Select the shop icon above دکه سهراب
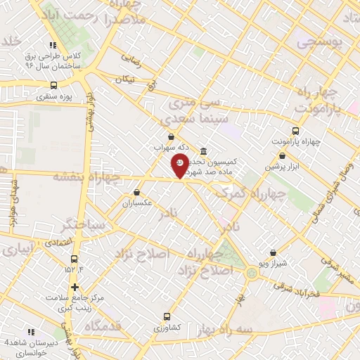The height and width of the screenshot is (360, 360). click(x=172, y=136)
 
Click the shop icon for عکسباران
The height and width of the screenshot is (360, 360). click(x=136, y=192)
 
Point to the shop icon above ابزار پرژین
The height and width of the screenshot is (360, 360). click(x=282, y=156)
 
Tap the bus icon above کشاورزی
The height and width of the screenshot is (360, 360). click(x=167, y=316)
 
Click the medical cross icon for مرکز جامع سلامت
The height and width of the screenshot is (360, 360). click(x=75, y=287)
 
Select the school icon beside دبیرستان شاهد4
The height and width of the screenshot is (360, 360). click(x=30, y=331)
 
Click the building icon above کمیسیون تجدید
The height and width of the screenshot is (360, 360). click(x=203, y=151)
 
